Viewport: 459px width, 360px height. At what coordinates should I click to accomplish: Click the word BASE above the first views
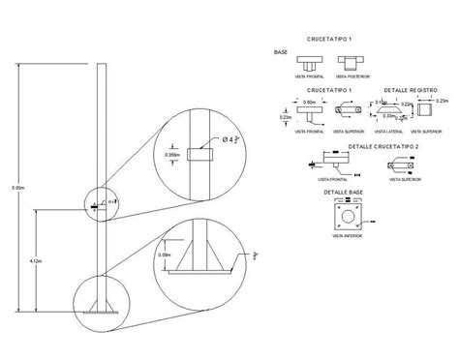point(281,52)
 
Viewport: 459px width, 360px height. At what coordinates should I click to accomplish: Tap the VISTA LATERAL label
point(390,130)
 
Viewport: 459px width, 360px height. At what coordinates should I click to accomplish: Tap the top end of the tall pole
point(100,64)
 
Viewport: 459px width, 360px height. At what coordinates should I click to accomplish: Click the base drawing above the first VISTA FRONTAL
point(309,64)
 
